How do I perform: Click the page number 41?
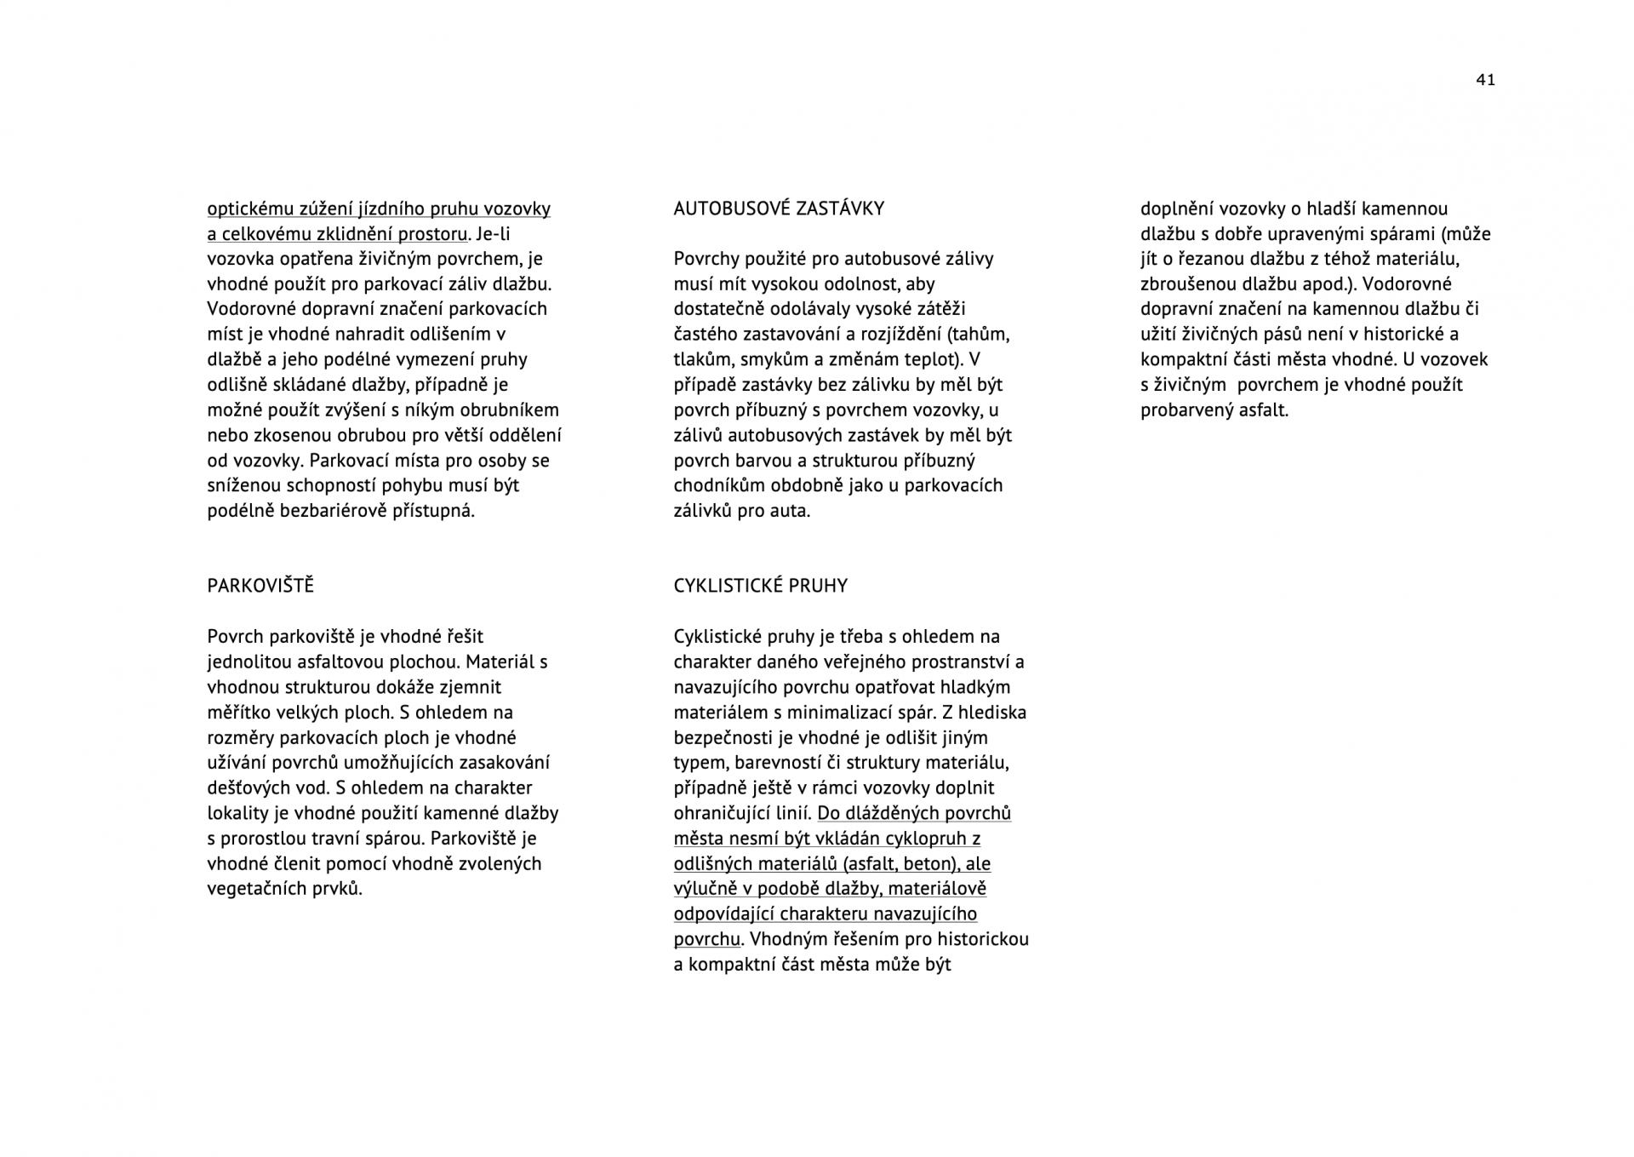click(1485, 80)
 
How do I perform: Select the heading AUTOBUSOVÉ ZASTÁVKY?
click(779, 209)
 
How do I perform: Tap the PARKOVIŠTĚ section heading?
click(260, 586)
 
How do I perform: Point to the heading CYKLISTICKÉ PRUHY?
click(761, 586)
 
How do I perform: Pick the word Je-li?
click(494, 234)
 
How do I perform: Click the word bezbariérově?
click(334, 511)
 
